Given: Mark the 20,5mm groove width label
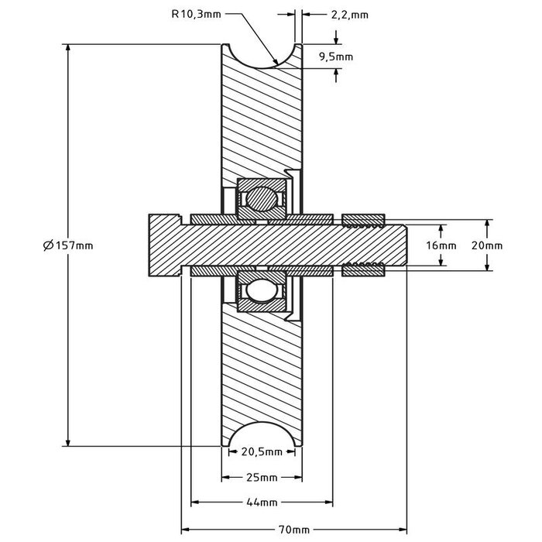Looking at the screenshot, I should coord(260,451).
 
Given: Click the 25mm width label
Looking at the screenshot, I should coord(261,476).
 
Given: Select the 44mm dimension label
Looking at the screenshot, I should coord(261,503).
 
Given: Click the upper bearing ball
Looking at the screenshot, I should coord(261,199).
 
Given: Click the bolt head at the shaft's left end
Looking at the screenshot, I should coord(162,245).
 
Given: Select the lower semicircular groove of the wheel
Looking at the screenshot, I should coord(262,435).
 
